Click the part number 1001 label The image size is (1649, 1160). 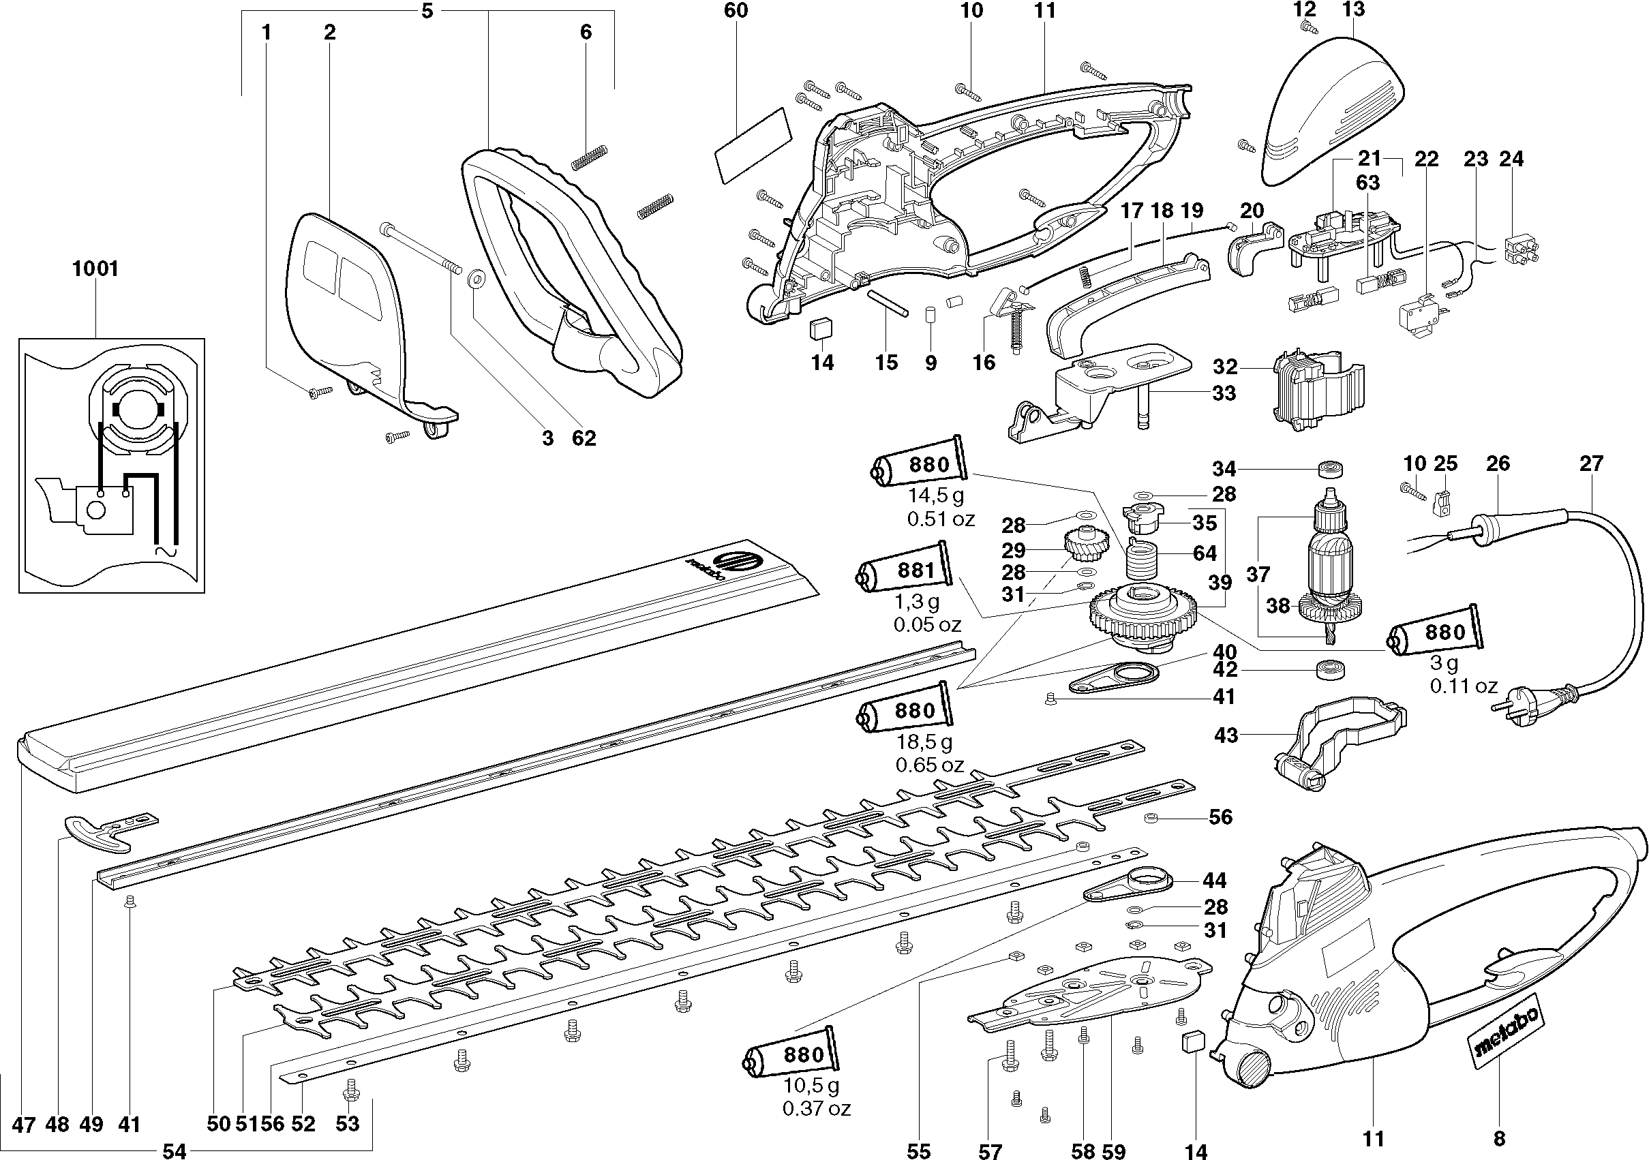click(x=95, y=269)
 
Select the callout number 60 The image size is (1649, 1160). click(x=736, y=10)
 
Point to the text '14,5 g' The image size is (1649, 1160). click(x=936, y=495)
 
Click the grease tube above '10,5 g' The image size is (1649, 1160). click(x=790, y=1054)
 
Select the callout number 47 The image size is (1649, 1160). click(x=24, y=1124)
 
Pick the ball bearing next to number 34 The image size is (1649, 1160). click(x=1331, y=470)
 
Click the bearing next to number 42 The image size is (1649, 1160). click(x=1330, y=671)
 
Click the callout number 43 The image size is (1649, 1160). click(x=1226, y=735)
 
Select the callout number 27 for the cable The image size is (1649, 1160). click(x=1592, y=463)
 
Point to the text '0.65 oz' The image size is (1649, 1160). click(x=929, y=765)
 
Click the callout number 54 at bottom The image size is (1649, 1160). click(x=175, y=1151)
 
